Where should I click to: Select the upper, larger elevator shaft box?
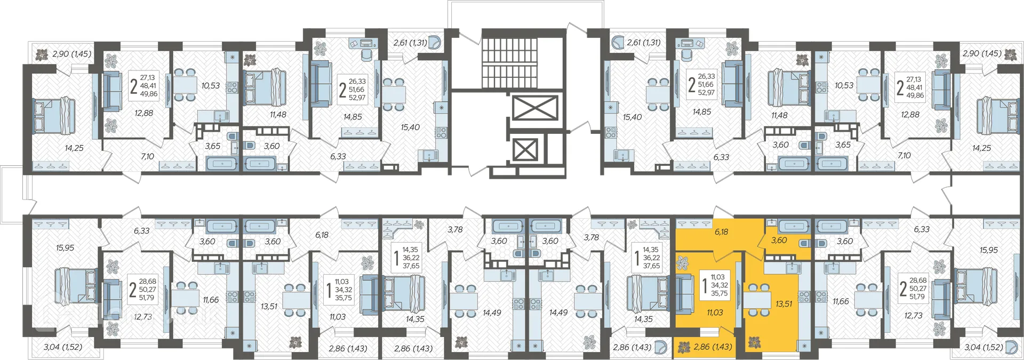coord(535,108)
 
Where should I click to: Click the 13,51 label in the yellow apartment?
coord(783,304)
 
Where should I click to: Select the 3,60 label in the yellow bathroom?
coord(779,241)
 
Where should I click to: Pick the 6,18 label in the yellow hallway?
coord(721,232)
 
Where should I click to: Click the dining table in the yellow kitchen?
coord(757,300)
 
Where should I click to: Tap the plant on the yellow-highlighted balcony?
coord(684,348)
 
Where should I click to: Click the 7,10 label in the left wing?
coord(148,156)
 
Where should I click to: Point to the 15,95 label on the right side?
coord(988,250)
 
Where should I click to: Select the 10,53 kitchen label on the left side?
coord(211,85)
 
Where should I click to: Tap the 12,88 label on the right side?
coord(910,114)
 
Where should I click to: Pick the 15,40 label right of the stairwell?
coord(632,117)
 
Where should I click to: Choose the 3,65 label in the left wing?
coord(213,146)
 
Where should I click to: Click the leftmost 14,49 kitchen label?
coord(492,313)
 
